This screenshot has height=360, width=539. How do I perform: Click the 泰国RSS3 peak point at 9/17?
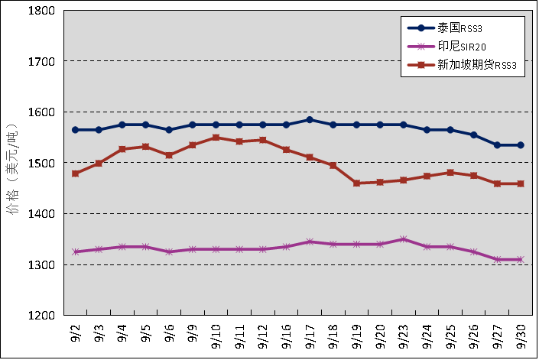(x=310, y=119)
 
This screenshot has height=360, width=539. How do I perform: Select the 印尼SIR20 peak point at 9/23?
(x=404, y=239)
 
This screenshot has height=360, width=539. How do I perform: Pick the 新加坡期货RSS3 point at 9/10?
(x=216, y=138)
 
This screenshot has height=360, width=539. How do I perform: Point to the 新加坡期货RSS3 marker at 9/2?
(x=75, y=174)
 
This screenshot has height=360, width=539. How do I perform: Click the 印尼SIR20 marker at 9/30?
(x=521, y=260)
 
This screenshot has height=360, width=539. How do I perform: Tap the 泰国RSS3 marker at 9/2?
(x=75, y=130)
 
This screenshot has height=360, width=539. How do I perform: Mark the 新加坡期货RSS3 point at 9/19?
(x=356, y=183)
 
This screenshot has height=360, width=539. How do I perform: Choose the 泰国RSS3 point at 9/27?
(x=497, y=145)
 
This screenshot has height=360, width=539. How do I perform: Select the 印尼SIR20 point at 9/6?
(x=169, y=251)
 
